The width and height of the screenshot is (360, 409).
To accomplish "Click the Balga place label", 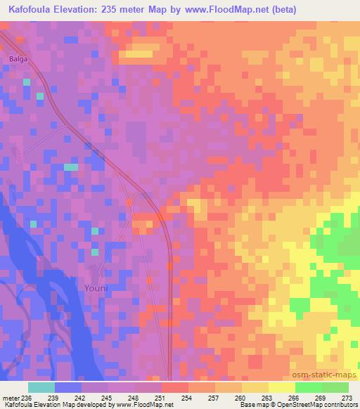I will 18,59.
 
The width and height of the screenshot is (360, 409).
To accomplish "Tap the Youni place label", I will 96,288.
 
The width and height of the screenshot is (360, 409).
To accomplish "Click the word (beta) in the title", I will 280,10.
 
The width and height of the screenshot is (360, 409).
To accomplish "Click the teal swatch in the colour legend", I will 41,387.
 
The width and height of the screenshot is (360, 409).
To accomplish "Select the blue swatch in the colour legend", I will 68,387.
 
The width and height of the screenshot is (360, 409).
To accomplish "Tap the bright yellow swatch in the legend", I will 282,387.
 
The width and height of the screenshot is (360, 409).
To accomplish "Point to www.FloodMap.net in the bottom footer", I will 146,405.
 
